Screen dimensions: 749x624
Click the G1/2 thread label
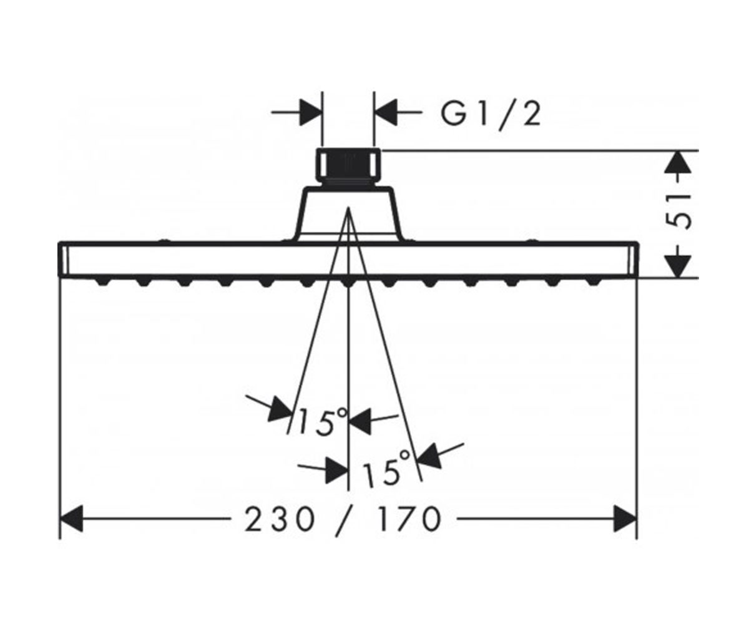tap(491, 115)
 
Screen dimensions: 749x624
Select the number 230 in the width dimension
tap(280, 519)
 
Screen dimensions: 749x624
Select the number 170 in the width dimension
tap(409, 519)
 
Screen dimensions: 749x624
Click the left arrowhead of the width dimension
tap(72, 519)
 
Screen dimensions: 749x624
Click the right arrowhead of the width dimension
tap(625, 519)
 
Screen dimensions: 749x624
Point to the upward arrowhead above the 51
tap(678, 163)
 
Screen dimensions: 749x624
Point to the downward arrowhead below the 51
tap(678, 266)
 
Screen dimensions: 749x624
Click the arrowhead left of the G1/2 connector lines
tap(311, 112)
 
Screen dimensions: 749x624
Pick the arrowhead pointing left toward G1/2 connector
tap(386, 112)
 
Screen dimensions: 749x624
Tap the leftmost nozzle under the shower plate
tap(102, 282)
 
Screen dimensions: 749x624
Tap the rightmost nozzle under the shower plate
tap(594, 282)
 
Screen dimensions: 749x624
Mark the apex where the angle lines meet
tap(348, 208)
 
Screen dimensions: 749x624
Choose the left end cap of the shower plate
tap(65, 260)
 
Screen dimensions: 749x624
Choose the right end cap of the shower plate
tap(633, 260)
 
